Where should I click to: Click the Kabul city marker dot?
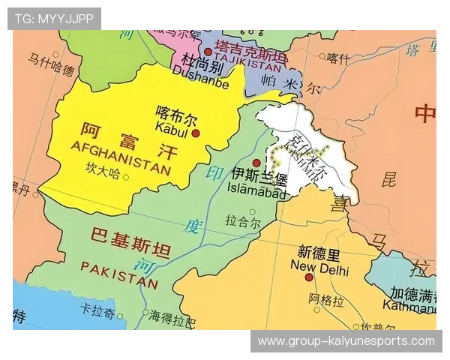pyautogui.click(x=196, y=133)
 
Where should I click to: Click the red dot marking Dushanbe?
pyautogui.click(x=208, y=52)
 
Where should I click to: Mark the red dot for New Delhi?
pyautogui.click(x=308, y=277)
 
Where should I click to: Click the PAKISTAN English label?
pyautogui.click(x=120, y=274)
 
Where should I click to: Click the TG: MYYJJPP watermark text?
pyautogui.click(x=55, y=18)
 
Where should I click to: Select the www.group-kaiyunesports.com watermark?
pyautogui.click(x=346, y=341)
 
